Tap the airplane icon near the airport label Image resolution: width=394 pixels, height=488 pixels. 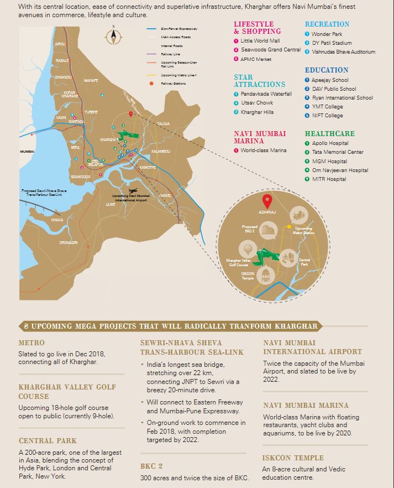[x=134, y=191]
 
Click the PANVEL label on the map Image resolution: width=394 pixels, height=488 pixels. [x=165, y=195]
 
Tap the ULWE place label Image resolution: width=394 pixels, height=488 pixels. [x=111, y=204]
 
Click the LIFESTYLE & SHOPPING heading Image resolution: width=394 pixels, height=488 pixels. [x=258, y=28]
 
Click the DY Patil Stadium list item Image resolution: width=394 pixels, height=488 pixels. [x=332, y=43]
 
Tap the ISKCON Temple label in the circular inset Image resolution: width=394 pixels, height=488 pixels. [x=248, y=275]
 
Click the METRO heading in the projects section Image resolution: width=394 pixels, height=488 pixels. [x=31, y=343]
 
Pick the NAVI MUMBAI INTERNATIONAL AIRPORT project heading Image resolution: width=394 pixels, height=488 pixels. [x=312, y=347]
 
